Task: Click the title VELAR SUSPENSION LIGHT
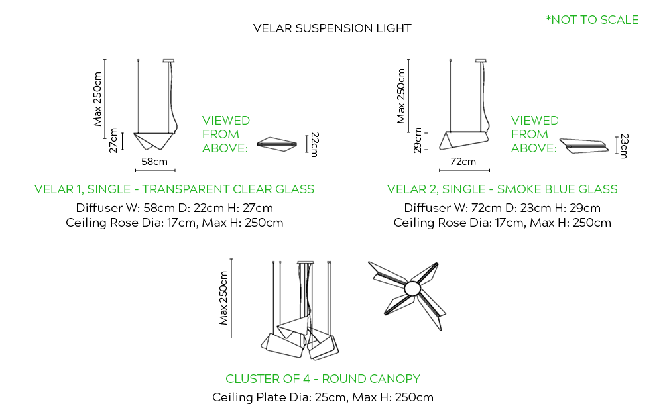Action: tap(332, 28)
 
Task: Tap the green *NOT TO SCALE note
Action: tap(592, 20)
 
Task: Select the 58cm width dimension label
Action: tap(154, 161)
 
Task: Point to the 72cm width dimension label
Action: tap(463, 161)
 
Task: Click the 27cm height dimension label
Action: tap(113, 141)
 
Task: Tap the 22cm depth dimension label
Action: tap(315, 144)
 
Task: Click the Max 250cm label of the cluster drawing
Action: tap(224, 297)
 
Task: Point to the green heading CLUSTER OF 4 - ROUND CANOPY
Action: tap(323, 379)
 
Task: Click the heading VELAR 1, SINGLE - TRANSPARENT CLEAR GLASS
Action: tap(174, 189)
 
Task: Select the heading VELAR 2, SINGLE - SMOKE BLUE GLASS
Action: tap(502, 189)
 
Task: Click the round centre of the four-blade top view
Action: tap(412, 288)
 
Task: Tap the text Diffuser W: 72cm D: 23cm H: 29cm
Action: tap(502, 208)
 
